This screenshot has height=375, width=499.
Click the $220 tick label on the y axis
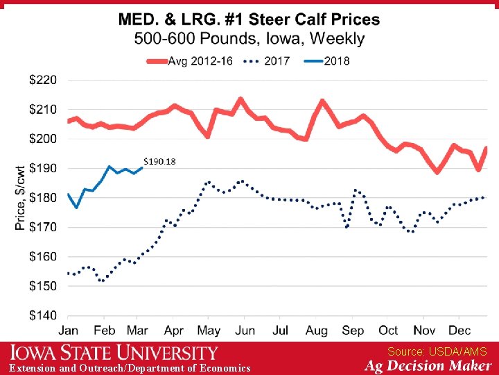43,80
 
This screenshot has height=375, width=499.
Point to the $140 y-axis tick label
43,315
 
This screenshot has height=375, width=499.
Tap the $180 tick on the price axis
43,198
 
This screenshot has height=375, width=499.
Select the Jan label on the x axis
68,330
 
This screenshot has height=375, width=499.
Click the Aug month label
316,330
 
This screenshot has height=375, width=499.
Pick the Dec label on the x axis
459,330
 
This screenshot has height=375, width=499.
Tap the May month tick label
209,330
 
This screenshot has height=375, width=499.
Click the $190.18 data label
159,162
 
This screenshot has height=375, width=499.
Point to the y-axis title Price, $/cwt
20,197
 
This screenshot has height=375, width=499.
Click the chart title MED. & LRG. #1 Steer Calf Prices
249,19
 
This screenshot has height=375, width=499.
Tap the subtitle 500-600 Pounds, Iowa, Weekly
249,38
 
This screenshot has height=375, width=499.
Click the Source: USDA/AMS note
437,352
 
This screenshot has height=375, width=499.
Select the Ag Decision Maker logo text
429,366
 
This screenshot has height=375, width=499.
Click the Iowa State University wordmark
114,352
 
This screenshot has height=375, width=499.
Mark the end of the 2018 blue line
141,167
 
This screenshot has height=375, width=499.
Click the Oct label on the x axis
388,330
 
